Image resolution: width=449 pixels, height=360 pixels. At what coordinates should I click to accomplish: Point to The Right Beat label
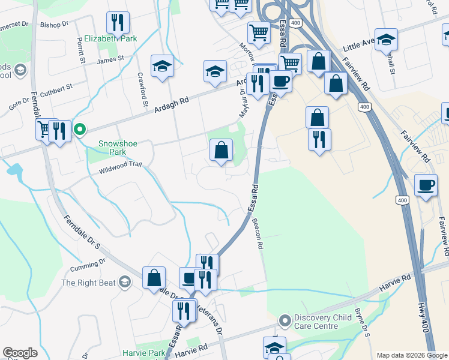[89, 283]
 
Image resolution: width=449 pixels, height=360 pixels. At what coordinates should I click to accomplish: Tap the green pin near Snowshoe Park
[79, 129]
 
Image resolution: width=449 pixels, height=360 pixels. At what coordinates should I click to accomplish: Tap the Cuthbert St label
[56, 88]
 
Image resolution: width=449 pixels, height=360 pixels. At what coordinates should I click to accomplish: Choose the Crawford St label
[143, 83]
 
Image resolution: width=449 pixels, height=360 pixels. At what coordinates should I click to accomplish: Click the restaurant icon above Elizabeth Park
[118, 23]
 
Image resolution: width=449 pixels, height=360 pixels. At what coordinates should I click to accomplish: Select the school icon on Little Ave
[387, 40]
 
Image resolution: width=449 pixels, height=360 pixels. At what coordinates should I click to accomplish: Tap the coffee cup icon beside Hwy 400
[426, 185]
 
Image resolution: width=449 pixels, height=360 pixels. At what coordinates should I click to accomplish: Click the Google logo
[20, 353]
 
